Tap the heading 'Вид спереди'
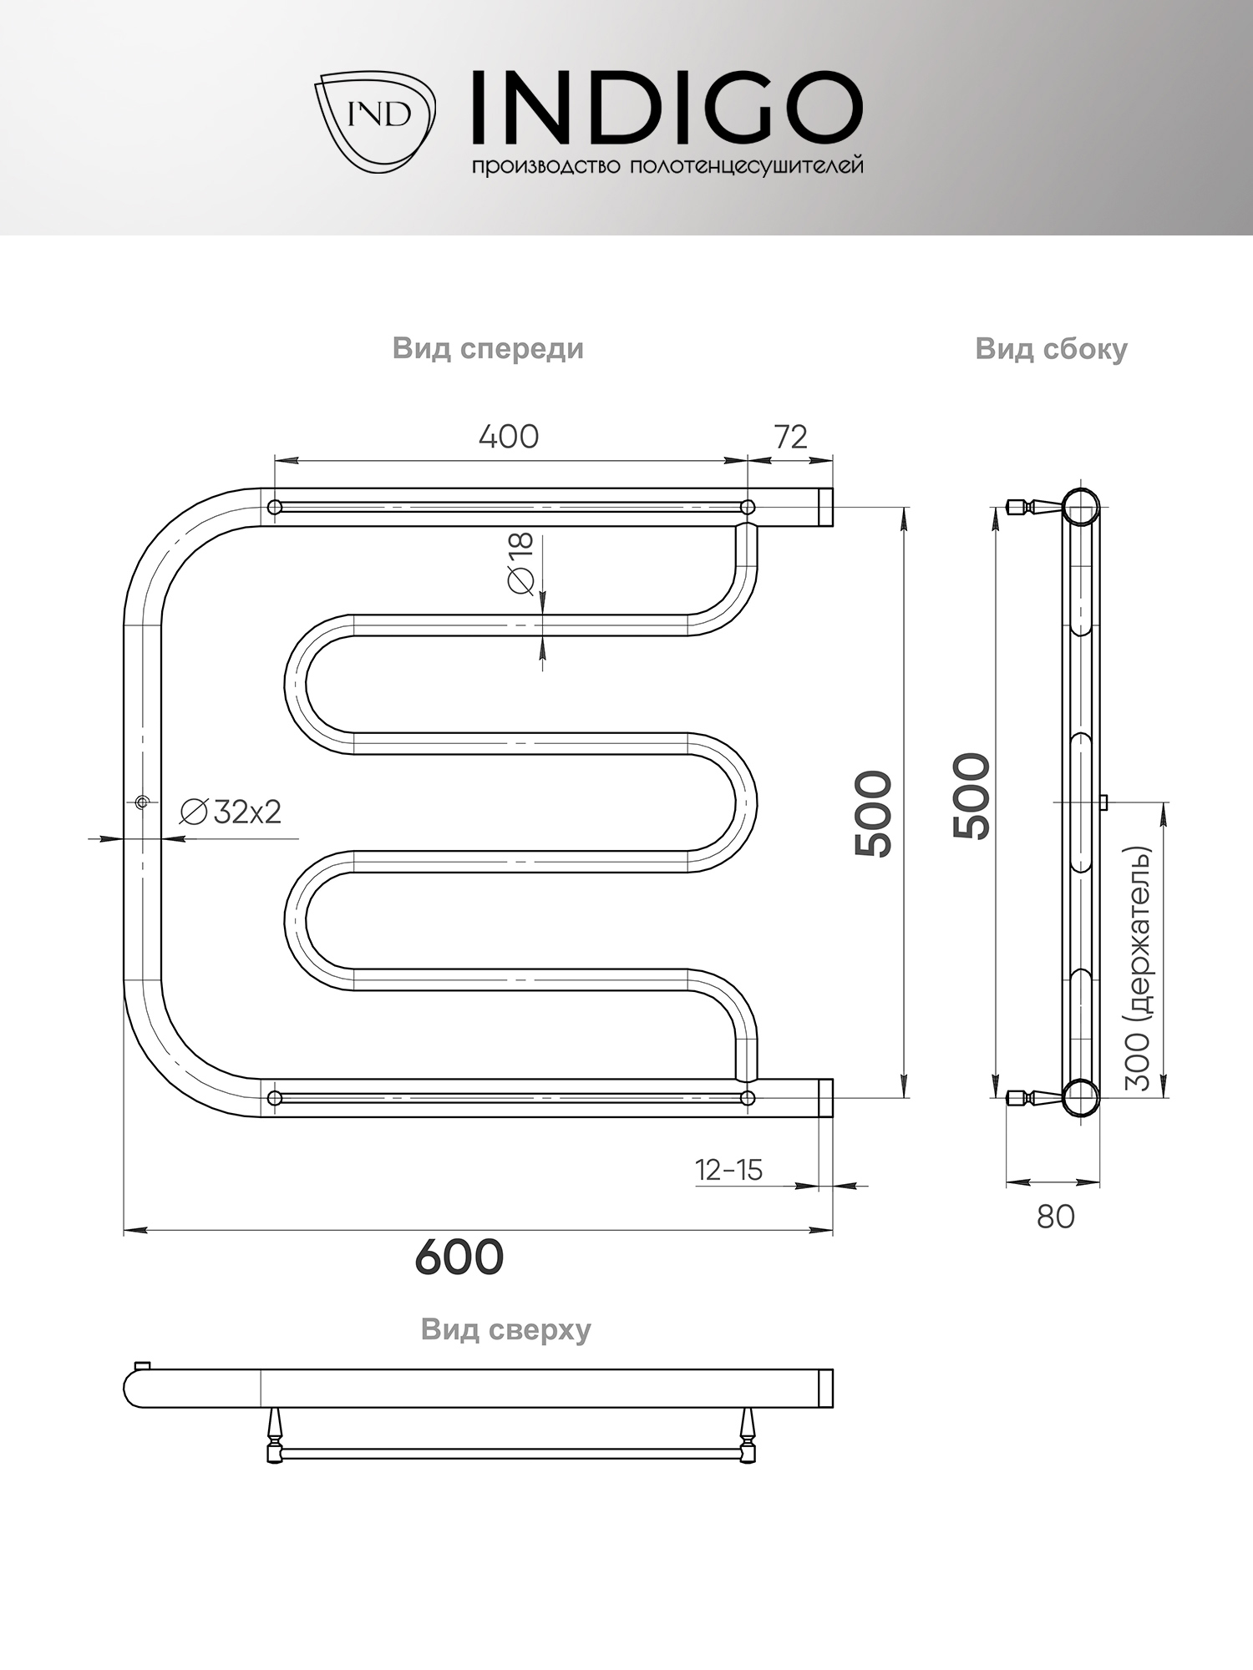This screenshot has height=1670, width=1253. pyautogui.click(x=488, y=348)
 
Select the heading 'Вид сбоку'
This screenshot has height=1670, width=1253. pyautogui.click(x=1051, y=348)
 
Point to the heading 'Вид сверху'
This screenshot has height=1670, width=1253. pyautogui.click(x=505, y=1328)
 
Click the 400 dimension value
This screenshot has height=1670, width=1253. pyautogui.click(x=508, y=437)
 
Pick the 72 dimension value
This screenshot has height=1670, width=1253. pyautogui.click(x=790, y=437)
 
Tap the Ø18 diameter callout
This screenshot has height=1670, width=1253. pyautogui.click(x=520, y=564)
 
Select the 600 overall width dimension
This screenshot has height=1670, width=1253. pyautogui.click(x=459, y=1257)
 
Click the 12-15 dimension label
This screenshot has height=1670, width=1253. pyautogui.click(x=728, y=1170)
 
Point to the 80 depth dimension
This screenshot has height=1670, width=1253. pyautogui.click(x=1055, y=1217)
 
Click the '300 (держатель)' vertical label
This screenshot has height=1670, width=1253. pyautogui.click(x=1138, y=968)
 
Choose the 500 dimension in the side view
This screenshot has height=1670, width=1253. pyautogui.click(x=971, y=795)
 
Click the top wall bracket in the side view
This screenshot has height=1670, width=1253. pyautogui.click(x=1032, y=506)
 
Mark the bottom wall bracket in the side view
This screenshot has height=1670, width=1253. pyautogui.click(x=1032, y=1097)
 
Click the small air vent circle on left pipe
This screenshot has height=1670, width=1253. pyautogui.click(x=141, y=802)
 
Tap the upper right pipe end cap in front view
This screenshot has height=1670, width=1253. pyautogui.click(x=825, y=507)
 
